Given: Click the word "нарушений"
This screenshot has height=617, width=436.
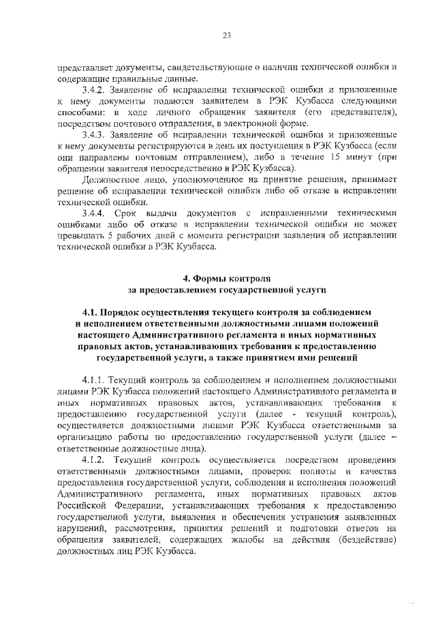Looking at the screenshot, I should pyautogui.click(x=82, y=528).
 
